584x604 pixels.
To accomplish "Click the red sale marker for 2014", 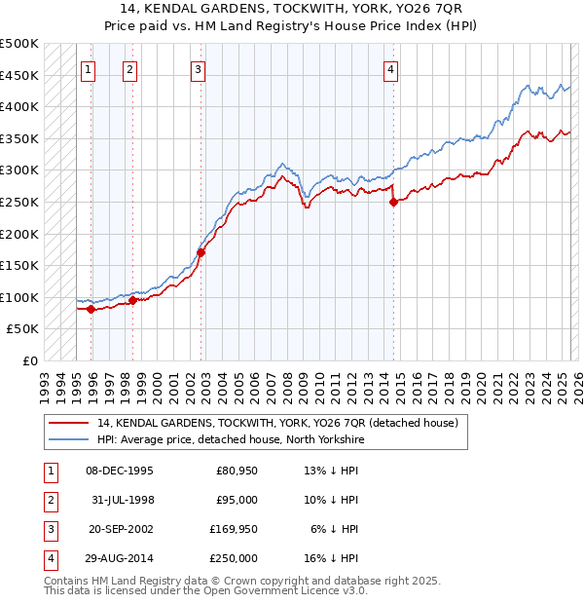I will click(393, 203).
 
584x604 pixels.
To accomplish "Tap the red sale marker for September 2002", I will click(201, 252).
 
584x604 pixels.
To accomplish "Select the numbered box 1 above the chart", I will click(88, 69).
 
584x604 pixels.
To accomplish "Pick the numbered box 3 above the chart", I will click(198, 69).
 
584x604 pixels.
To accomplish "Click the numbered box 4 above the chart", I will click(389, 69).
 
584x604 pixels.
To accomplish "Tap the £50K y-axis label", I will click(23, 329).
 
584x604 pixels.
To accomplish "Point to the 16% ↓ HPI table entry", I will click(332, 558).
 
